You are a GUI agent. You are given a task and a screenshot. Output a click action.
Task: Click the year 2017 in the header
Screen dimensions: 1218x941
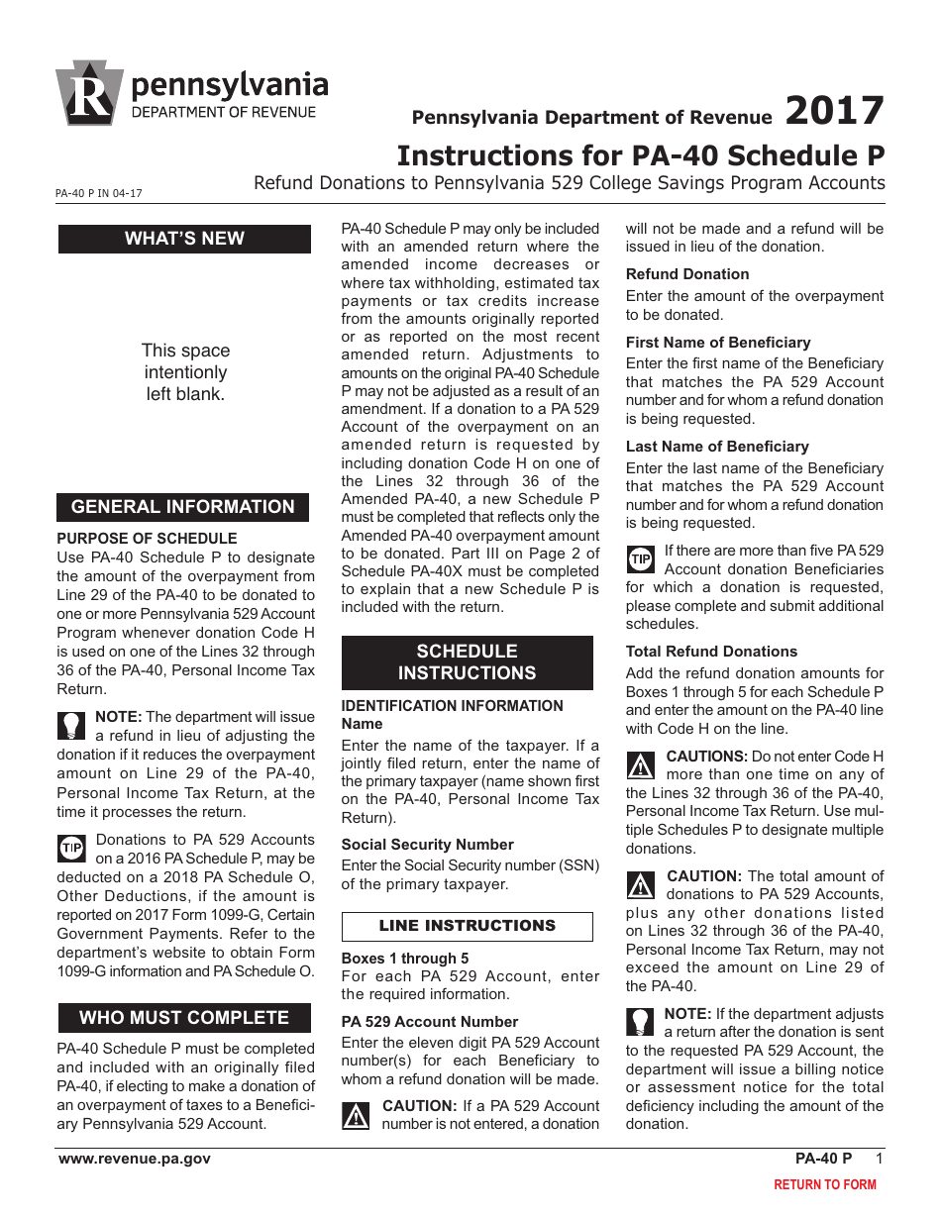coord(833,111)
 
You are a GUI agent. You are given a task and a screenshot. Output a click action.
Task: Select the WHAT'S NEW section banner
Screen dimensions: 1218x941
coord(184,239)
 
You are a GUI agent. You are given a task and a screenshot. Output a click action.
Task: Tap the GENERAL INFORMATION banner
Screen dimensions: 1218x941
coord(183,507)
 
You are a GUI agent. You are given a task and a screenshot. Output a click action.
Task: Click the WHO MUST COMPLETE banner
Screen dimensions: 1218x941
coord(184,1018)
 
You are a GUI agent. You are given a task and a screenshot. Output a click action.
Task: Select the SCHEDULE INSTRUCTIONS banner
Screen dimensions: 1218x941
coord(467,662)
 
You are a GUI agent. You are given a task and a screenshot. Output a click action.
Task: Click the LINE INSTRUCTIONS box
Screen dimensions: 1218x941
coord(467,926)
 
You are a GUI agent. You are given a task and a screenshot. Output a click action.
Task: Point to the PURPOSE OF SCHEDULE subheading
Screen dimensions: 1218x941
coord(147,539)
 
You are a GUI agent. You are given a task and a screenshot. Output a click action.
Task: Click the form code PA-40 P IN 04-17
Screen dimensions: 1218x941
coord(99,194)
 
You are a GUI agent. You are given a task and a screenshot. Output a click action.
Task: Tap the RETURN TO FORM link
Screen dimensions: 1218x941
coord(824,1184)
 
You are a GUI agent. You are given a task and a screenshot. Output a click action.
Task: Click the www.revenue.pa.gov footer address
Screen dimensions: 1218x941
coord(135,1159)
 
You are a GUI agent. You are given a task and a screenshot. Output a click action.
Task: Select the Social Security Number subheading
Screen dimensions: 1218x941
coord(427,845)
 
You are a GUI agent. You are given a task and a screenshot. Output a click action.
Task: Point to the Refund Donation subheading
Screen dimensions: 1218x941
coord(686,274)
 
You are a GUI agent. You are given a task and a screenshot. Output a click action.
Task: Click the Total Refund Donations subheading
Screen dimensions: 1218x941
coord(710,652)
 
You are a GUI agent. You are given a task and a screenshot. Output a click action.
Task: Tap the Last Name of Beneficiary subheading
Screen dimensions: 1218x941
coord(716,447)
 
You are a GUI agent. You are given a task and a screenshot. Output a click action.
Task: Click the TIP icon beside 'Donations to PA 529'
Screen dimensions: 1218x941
coord(72,849)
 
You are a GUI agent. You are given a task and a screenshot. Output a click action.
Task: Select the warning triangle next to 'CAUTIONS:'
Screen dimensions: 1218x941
coord(642,765)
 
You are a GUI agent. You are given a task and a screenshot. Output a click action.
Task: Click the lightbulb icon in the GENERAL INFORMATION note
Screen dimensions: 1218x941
coord(71,726)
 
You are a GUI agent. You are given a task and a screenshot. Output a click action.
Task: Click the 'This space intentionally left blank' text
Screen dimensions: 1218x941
coord(185,372)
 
